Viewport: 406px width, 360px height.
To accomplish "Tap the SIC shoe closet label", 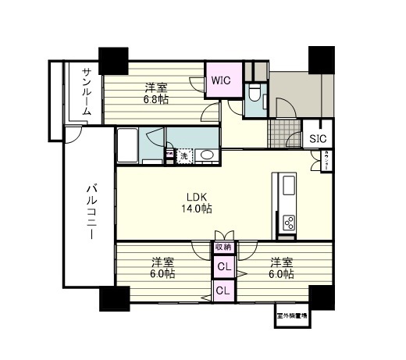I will tap(317, 139).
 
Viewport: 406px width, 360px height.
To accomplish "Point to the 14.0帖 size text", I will tap(198, 209).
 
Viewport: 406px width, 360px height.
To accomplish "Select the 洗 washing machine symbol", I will tap(184, 155).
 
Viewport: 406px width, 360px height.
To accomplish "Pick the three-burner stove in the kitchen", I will tap(288, 222).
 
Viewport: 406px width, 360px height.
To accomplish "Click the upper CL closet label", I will tap(224, 267).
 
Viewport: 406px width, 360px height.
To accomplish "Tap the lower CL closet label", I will tap(224, 290).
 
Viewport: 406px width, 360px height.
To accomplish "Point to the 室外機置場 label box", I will tap(291, 317).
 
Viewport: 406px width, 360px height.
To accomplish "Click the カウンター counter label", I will tap(324, 159).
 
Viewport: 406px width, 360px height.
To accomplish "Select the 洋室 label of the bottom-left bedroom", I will tap(162, 262).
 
